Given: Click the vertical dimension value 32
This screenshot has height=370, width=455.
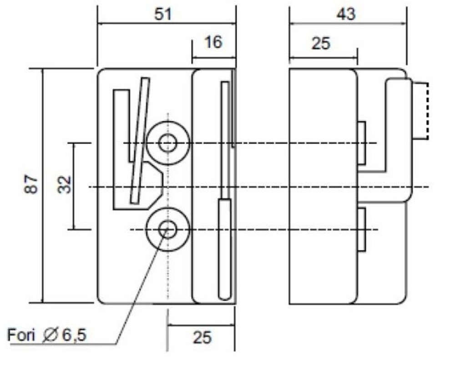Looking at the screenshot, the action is (66, 185).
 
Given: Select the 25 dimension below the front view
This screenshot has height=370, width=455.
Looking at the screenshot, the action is (202, 337).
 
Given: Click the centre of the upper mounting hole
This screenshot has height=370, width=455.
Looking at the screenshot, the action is (167, 143).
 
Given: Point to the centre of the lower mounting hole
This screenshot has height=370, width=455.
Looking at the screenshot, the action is (167, 229).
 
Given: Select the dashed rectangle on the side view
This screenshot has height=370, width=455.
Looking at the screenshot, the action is (420, 110).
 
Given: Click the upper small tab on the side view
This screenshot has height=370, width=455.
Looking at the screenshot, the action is (362, 143).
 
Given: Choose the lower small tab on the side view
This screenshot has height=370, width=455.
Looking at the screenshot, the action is (362, 229).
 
